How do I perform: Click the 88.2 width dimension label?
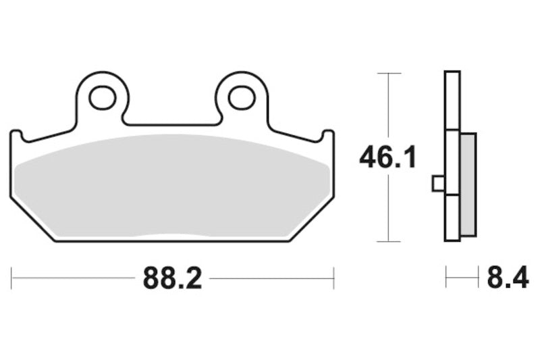coord(172,278)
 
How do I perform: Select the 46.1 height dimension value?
coord(387,157)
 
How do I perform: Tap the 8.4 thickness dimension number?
coord(508,278)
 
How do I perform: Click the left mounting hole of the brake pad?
coord(102,98)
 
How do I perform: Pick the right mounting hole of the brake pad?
coord(241,98)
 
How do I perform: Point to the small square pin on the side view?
coord(437,183)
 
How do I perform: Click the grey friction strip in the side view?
coord(468,184)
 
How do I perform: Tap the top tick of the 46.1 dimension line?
coord(387,73)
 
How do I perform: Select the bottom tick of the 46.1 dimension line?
coord(387,241)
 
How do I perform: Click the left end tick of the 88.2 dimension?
coord(11,278)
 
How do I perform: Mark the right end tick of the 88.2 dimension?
coord(333,278)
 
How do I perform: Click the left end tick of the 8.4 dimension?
coord(446,278)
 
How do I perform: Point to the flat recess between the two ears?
coord(171,125)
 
